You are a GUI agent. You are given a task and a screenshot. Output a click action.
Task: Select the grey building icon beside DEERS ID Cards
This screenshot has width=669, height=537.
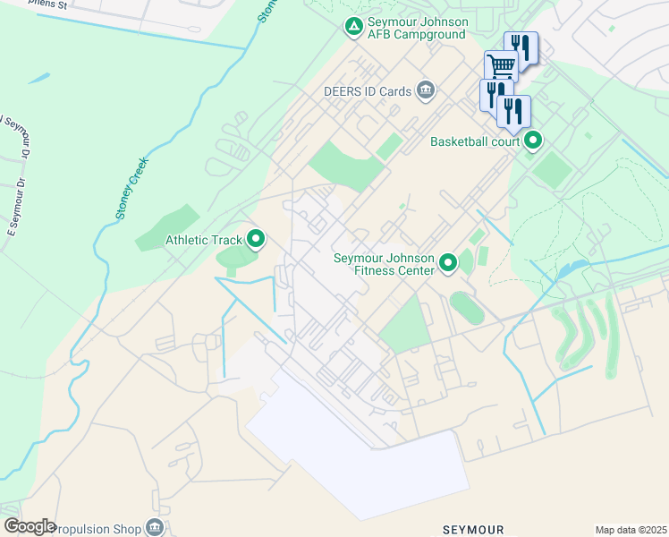(426, 90)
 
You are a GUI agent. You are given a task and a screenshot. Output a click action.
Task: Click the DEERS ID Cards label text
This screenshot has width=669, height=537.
(368, 91)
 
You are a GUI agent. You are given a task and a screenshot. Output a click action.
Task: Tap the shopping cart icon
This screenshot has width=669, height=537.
(501, 65)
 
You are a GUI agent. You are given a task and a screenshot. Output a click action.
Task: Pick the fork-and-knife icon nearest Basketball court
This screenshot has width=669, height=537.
(513, 111)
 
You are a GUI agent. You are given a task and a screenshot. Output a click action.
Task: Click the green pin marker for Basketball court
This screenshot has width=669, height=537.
(534, 141)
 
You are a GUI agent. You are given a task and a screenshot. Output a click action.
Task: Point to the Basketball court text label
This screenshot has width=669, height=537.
(475, 141)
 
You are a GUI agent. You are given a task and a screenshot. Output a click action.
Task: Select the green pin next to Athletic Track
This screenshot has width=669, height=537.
(256, 239)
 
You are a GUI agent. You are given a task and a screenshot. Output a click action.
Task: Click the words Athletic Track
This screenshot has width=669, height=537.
(204, 240)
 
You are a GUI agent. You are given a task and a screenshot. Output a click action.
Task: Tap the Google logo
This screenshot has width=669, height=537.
(29, 526)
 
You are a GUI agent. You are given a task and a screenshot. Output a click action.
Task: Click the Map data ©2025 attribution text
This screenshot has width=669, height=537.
(631, 529)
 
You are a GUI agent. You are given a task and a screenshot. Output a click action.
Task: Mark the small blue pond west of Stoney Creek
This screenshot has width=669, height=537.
(38, 79)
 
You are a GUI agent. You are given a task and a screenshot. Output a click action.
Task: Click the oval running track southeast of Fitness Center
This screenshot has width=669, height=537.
(467, 309)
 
